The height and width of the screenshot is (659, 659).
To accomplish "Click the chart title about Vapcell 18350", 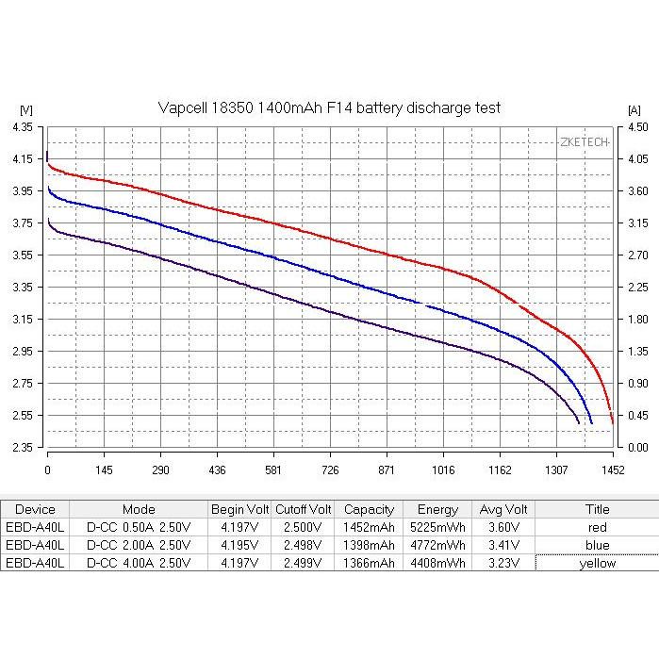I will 328,108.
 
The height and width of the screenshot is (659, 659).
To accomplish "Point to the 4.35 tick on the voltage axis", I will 22,127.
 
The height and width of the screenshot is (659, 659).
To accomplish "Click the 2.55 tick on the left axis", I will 22,415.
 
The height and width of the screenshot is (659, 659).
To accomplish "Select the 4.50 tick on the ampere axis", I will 636,127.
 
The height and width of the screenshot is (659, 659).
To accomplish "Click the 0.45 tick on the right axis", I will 636,415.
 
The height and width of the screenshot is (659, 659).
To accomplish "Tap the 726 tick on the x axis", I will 330,469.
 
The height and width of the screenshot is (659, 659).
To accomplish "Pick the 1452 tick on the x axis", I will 612,469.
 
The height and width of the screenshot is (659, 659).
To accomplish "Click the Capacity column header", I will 369,509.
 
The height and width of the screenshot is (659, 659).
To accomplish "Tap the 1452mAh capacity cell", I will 369,527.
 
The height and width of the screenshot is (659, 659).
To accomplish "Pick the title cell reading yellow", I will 597,563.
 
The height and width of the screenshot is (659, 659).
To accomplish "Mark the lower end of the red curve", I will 612,423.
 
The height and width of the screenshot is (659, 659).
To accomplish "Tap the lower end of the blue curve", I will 592,423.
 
